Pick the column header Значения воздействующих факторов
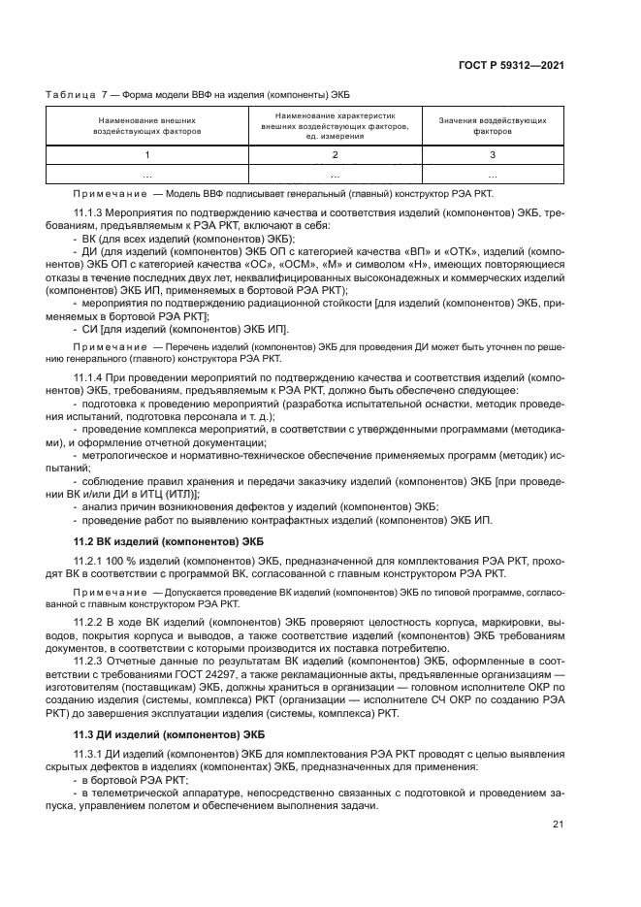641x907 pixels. [492, 125]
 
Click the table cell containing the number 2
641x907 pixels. [335, 155]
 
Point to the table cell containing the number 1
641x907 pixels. [147, 155]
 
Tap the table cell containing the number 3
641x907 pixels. [492, 155]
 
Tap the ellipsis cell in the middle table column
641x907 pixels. [335, 176]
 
